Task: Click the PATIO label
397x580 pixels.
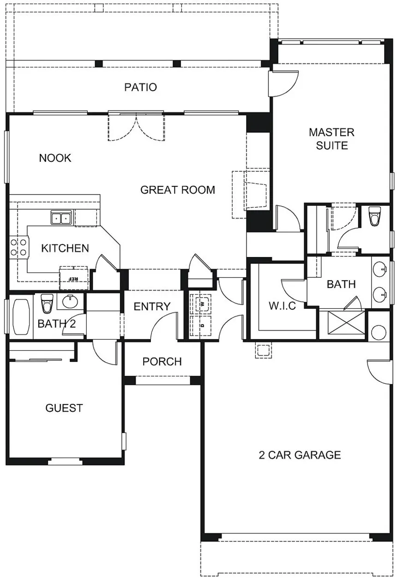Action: point(140,87)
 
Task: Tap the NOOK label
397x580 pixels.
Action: point(55,158)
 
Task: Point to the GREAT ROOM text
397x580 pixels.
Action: point(178,190)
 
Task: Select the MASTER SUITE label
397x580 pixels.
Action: point(331,139)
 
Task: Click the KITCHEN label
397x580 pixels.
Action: point(65,248)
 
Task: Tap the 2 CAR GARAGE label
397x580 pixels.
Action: point(300,455)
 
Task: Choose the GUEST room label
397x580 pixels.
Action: point(64,408)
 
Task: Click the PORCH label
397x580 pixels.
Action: point(162,361)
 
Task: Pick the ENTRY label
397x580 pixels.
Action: point(152,306)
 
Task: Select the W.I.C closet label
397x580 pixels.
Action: point(283,306)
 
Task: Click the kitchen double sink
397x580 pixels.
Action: point(61,218)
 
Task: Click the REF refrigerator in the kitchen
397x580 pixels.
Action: point(74,278)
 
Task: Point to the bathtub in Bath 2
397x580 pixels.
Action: point(21,317)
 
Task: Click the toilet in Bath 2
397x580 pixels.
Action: point(47,304)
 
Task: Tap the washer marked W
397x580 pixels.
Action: point(203,303)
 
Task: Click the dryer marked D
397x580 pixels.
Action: point(203,325)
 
